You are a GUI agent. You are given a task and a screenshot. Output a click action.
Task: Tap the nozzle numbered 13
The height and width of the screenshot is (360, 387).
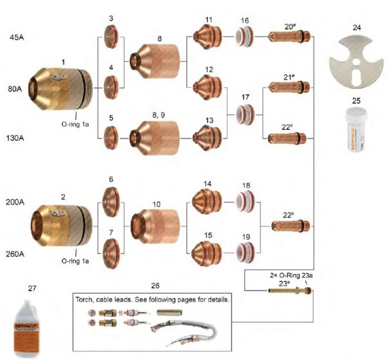(x=208, y=136)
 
